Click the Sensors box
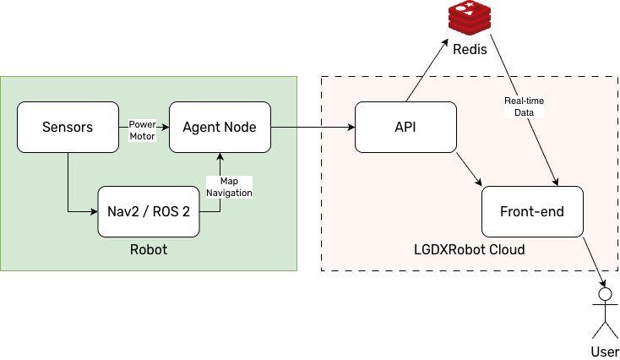[68, 128]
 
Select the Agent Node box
[220, 128]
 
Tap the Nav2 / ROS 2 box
[149, 211]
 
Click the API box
[405, 128]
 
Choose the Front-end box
[532, 211]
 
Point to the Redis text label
[470, 50]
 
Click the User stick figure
[603, 313]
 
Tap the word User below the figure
[603, 351]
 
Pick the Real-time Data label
[524, 106]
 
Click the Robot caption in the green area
[149, 250]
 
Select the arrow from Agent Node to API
[313, 128]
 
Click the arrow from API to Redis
[427, 71]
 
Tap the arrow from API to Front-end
[468, 168]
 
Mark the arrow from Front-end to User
[593, 263]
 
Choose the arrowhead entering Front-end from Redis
[554, 180]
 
